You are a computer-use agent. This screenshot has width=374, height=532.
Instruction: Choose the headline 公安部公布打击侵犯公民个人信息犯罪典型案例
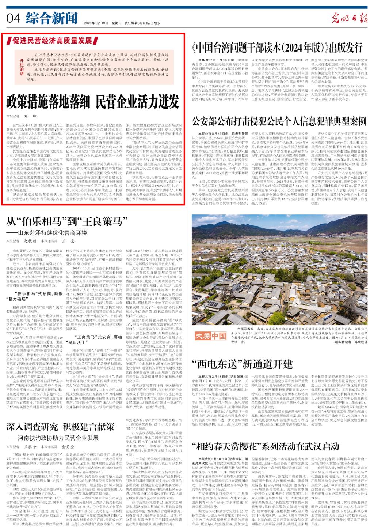pos(279,120)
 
